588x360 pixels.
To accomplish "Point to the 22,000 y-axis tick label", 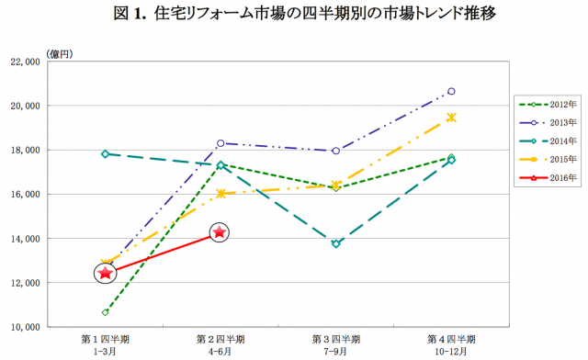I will (x=46, y=62).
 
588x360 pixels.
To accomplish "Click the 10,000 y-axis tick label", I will (x=46, y=327).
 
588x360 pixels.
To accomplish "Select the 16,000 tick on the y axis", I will (x=46, y=194).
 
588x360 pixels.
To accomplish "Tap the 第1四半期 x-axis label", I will (x=106, y=339).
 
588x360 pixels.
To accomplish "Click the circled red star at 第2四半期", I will (x=220, y=232).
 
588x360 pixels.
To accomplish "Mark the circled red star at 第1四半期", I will (x=106, y=273).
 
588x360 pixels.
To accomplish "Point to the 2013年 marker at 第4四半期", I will (x=451, y=91).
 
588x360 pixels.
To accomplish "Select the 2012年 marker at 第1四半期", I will (x=106, y=312).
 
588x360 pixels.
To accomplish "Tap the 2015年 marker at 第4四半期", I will (x=451, y=117).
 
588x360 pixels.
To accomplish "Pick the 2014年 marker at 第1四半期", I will (x=106, y=153).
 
